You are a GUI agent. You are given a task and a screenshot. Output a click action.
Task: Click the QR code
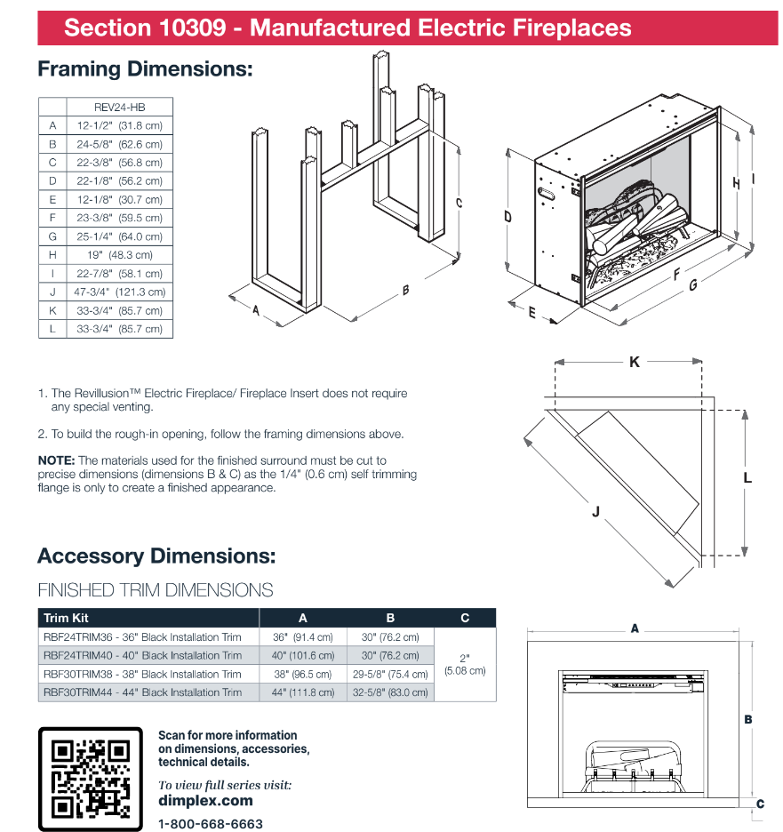90,779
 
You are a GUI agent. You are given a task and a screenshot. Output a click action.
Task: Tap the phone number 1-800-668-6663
210,824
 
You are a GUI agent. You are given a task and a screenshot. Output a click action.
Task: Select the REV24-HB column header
119,107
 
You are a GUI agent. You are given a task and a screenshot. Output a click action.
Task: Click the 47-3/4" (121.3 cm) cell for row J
120,292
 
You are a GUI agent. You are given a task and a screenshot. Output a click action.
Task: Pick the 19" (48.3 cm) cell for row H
120,255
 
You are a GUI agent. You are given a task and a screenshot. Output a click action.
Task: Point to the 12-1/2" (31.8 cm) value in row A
120,125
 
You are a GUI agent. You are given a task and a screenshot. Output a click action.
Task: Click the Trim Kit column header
67,618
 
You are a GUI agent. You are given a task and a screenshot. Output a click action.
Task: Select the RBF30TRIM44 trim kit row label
142,692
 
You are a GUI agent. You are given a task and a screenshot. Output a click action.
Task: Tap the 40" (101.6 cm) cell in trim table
302,655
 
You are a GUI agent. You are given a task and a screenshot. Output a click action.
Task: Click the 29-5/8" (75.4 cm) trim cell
389,674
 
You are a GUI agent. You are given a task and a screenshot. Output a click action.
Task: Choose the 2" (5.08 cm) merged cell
465,665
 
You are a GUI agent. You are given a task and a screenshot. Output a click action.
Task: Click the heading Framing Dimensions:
145,68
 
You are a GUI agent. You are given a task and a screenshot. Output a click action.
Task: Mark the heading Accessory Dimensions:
156,556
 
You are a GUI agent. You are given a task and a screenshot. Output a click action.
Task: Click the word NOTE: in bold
57,460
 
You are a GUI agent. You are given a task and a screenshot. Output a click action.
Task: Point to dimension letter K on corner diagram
634,362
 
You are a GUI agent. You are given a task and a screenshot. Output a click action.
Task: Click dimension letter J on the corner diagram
596,511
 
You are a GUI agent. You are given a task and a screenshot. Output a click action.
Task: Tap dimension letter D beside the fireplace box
507,216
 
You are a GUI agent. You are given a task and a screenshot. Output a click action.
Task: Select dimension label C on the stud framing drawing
459,203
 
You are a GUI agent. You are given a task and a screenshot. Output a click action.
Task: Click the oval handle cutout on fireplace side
547,190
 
